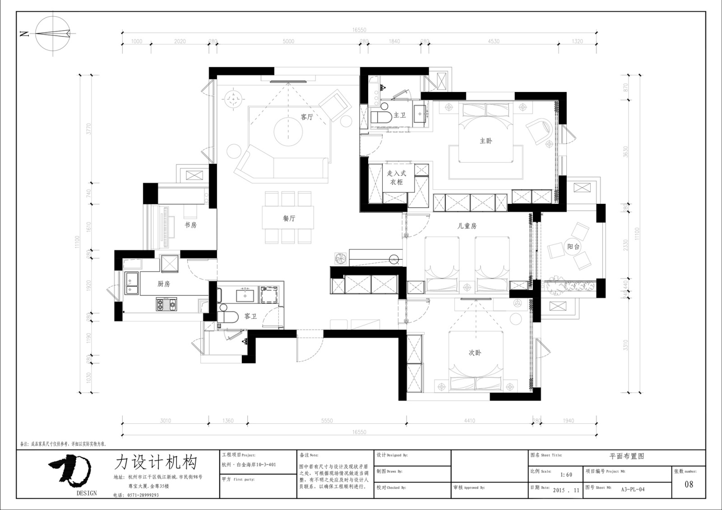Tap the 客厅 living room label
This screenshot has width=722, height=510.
pyautogui.click(x=307, y=117)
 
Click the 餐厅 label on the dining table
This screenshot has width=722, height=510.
pyautogui.click(x=289, y=218)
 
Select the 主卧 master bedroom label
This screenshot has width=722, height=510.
pyautogui.click(x=486, y=141)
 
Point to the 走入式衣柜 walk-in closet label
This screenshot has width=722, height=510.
pyautogui.click(x=397, y=178)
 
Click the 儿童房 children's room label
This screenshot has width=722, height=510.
pyautogui.click(x=467, y=226)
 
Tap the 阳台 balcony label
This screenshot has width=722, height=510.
pyautogui.click(x=574, y=247)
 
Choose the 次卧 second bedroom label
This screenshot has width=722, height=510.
pyautogui.click(x=475, y=353)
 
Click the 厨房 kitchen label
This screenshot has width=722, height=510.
pyautogui.click(x=164, y=284)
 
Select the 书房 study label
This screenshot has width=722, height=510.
pyautogui.click(x=190, y=225)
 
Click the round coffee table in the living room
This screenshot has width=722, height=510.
pyautogui.click(x=289, y=131)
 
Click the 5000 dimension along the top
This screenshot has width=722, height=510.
pyautogui.click(x=288, y=41)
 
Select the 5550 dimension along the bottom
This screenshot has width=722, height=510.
pyautogui.click(x=327, y=421)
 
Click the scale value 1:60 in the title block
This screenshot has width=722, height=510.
pyautogui.click(x=566, y=474)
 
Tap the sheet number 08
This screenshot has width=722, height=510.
pyautogui.click(x=689, y=485)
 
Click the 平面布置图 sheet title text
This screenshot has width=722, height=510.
pyautogui.click(x=627, y=456)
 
